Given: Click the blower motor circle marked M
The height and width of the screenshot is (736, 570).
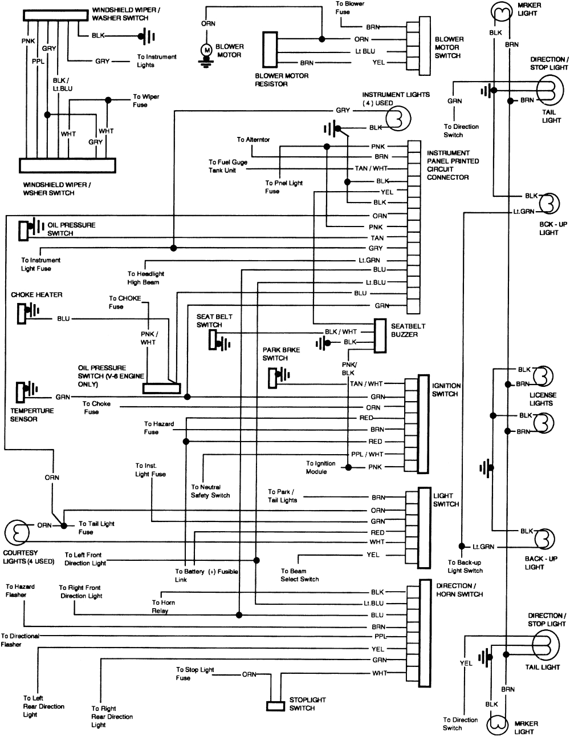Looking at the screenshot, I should pos(207,51).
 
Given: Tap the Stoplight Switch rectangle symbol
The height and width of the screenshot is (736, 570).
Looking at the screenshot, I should pos(275,706).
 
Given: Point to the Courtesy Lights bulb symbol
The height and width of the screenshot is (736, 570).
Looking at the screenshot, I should pos(17,532).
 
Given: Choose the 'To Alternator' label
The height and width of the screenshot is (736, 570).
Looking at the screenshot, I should pos(253,140).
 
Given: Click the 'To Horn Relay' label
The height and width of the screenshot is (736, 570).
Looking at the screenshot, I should pos(164,606).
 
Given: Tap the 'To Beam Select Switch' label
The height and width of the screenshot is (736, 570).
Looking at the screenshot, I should pos(299,575).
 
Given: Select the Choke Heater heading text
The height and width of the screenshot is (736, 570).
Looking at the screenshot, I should pos(36,295).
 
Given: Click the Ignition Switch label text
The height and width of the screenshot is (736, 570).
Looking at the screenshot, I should pos(446,390).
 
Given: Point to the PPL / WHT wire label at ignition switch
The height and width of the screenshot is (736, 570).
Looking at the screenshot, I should pos(367,455).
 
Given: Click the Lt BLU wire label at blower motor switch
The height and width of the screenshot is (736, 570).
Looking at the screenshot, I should pos(365,51).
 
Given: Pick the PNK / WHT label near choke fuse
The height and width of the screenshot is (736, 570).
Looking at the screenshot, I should pos(148,338).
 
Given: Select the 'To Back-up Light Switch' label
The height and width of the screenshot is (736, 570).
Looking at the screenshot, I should pos(465,566).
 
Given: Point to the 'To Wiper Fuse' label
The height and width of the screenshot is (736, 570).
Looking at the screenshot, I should pos(146,100).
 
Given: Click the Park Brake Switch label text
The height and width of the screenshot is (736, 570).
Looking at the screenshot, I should pos(281,354).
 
